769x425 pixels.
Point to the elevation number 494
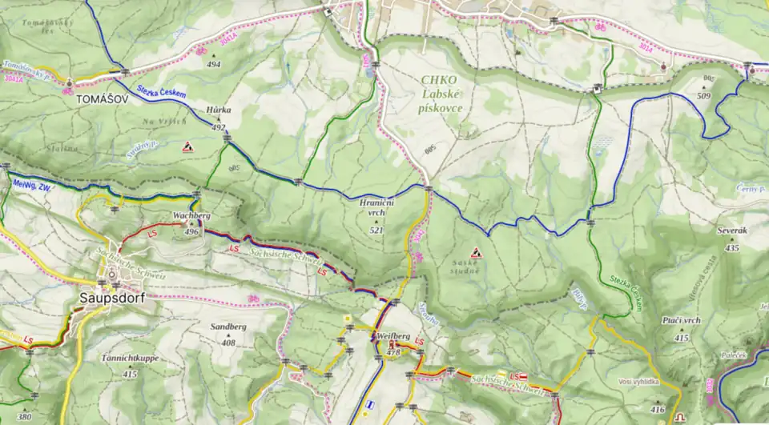213,64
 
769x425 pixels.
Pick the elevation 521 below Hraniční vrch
376,231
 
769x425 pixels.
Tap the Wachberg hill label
191,216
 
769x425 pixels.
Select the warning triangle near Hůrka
187,146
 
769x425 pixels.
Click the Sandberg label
228,327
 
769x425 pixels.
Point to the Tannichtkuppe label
130,358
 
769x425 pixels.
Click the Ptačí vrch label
682,320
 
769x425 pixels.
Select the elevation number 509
704,96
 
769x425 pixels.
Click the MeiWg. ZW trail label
33,185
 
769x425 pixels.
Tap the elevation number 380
24,416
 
